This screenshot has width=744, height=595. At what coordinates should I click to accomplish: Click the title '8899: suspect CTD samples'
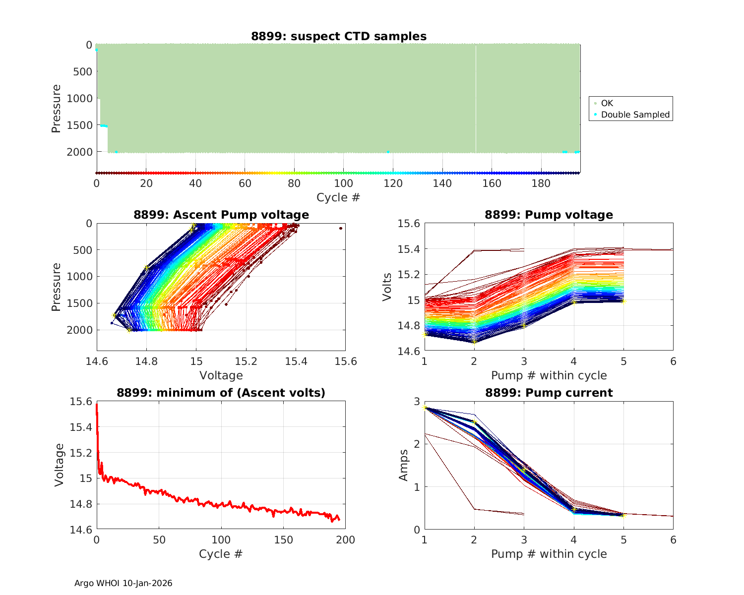[338, 36]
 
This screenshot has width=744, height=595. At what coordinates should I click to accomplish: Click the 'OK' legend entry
[607, 103]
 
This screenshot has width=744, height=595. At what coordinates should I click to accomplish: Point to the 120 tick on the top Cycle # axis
[393, 183]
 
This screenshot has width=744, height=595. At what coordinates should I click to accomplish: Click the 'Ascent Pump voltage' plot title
[221, 215]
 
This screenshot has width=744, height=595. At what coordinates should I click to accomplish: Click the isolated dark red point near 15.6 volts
[341, 228]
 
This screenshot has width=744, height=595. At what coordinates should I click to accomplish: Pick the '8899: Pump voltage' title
[549, 215]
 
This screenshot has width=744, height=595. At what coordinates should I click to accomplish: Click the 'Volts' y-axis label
[387, 287]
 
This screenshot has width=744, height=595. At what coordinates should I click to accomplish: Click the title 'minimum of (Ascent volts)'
[221, 393]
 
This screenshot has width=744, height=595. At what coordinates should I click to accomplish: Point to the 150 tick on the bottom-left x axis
[283, 540]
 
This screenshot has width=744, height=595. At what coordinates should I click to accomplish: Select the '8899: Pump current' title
[549, 393]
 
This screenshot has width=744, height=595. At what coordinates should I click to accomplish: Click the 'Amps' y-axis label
[404, 465]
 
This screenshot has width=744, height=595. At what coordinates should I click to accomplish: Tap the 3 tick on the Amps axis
[417, 401]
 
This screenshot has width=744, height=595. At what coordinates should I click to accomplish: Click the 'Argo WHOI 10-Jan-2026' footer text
[123, 583]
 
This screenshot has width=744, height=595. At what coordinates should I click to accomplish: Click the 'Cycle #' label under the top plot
[338, 197]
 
